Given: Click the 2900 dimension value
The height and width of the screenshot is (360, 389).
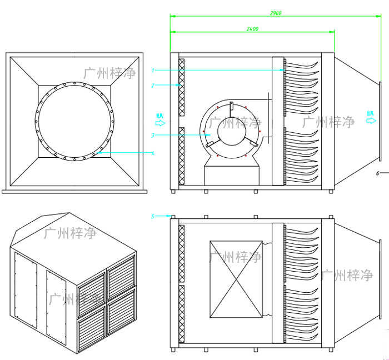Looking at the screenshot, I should (274, 12).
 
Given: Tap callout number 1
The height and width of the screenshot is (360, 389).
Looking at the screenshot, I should (152, 71).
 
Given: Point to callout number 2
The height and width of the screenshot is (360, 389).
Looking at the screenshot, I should (152, 86).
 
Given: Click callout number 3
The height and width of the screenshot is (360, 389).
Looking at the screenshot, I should (152, 135).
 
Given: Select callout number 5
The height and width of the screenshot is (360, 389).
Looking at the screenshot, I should (152, 216).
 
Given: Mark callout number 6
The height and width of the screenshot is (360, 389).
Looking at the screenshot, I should (377, 173).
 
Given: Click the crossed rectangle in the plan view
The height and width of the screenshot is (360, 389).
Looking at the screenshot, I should (236, 279).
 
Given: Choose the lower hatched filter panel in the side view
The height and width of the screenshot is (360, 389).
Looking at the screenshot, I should (181, 156).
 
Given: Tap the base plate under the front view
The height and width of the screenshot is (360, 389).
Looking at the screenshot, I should (75, 191).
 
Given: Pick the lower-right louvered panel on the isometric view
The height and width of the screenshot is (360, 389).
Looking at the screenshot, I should (122, 311).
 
